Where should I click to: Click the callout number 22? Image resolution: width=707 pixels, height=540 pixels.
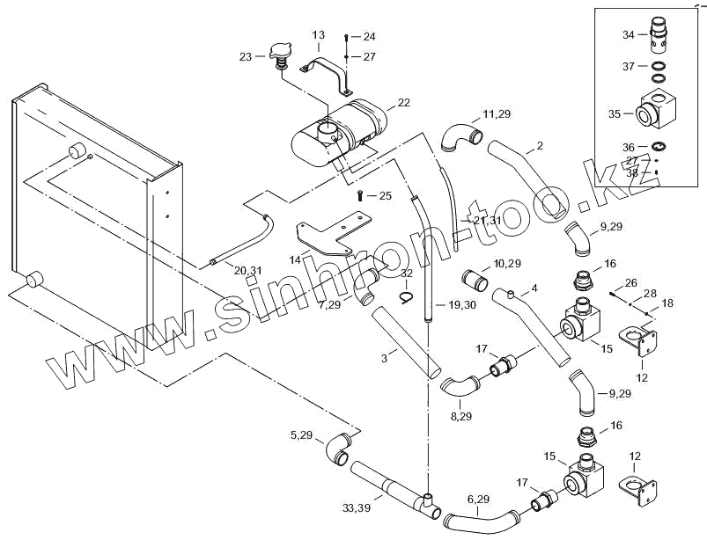pos(404,103)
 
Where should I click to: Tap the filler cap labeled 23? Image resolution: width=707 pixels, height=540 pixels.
pos(281,57)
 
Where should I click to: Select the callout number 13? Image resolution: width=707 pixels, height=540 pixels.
pos(319,35)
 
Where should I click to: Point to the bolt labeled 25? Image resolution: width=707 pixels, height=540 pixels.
pos(360,196)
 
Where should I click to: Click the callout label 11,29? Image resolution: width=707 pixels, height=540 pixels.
pos(496,114)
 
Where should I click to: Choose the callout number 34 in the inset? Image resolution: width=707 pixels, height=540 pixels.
pos(628,35)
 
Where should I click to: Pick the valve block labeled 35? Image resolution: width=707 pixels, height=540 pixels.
pos(658,107)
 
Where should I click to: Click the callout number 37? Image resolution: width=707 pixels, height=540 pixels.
pos(628,66)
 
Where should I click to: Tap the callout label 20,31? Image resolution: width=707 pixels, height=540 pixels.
pos(247,270)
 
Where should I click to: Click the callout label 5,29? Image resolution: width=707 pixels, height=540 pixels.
pos(301,434)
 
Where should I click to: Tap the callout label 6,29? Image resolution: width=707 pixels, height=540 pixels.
pos(478,499)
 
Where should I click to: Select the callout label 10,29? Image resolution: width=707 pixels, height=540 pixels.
pos(507,263)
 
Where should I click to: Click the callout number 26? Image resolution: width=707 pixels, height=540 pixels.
pos(630,282)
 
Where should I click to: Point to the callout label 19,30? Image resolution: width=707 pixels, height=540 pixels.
pos(462,305)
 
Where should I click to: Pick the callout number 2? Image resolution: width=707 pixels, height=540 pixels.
pos(540,145)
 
